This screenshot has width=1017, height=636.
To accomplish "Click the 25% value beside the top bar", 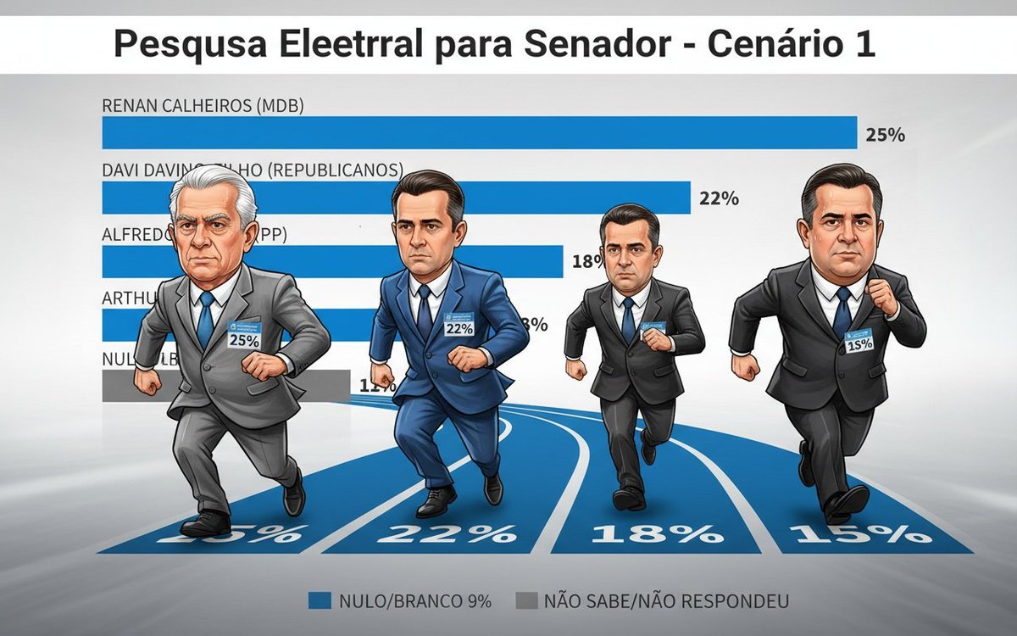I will [886, 134].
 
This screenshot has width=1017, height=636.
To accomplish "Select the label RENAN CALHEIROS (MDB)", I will [203, 106].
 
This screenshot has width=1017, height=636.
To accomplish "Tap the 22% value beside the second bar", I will [720, 199].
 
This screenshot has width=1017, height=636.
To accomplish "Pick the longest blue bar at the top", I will [479, 133].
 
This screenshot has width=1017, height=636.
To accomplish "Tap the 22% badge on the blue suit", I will [458, 326].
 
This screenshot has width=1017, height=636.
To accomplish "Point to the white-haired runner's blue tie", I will [206, 319].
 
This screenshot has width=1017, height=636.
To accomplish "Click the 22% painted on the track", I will [447, 533].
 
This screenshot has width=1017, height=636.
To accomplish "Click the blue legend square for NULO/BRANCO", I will [319, 601].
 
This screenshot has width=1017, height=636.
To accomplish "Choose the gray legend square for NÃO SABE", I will [525, 601].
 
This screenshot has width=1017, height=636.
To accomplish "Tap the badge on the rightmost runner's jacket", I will [859, 339].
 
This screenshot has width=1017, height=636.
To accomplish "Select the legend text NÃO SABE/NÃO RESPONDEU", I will [666, 601].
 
